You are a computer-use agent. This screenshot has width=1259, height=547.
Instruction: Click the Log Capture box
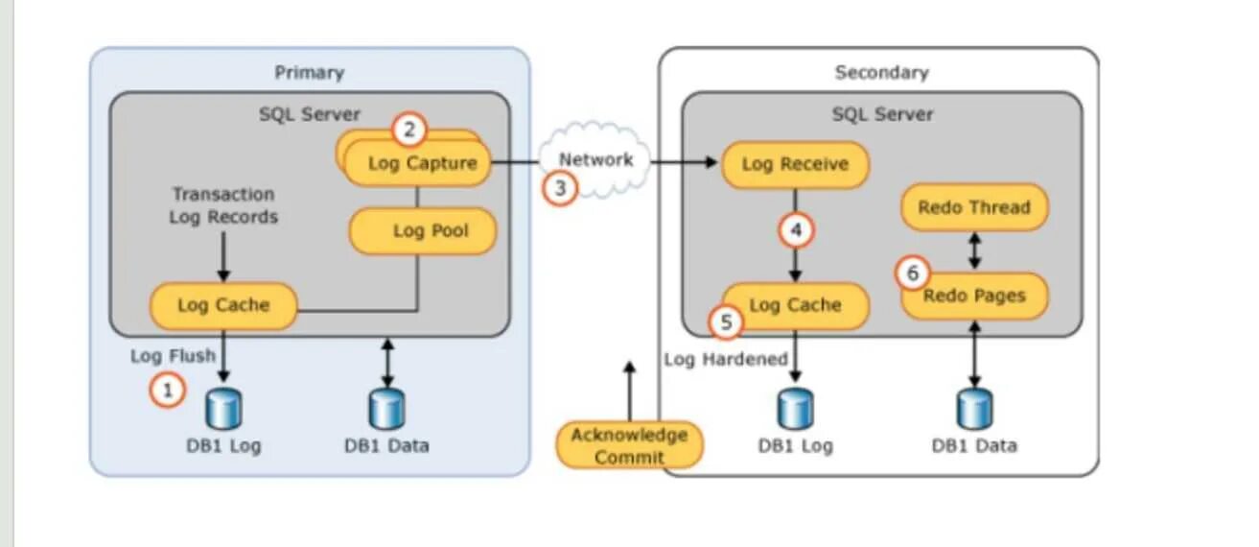coord(420,164)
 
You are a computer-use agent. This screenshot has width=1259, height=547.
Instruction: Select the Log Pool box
coord(423,232)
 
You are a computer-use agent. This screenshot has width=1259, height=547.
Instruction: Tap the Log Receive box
coord(795,164)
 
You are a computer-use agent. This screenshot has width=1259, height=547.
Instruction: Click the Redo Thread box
coord(974,207)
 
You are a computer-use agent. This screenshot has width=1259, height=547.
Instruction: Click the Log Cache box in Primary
coord(223,306)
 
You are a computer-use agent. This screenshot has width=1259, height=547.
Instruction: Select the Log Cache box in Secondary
coord(795,306)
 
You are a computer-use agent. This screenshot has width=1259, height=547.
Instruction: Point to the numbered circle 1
coord(167,390)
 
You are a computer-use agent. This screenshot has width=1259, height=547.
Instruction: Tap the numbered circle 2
coord(409,129)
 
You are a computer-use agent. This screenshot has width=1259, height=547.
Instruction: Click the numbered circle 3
coord(560,187)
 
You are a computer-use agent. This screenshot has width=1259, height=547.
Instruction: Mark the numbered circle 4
coord(795,230)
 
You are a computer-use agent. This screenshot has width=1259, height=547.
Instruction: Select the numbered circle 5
coord(726,322)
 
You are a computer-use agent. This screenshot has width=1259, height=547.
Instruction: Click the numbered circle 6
coord(912,273)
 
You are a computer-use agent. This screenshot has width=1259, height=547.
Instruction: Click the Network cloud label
coord(595,159)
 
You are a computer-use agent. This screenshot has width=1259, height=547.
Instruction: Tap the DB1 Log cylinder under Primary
coord(224,410)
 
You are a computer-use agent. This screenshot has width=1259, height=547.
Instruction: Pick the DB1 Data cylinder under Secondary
coord(974,410)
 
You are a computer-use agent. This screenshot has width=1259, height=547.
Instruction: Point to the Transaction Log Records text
coord(222,205)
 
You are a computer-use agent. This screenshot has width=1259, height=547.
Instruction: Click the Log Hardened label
coord(726,359)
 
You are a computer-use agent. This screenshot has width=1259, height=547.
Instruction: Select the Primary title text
coord(309,73)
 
